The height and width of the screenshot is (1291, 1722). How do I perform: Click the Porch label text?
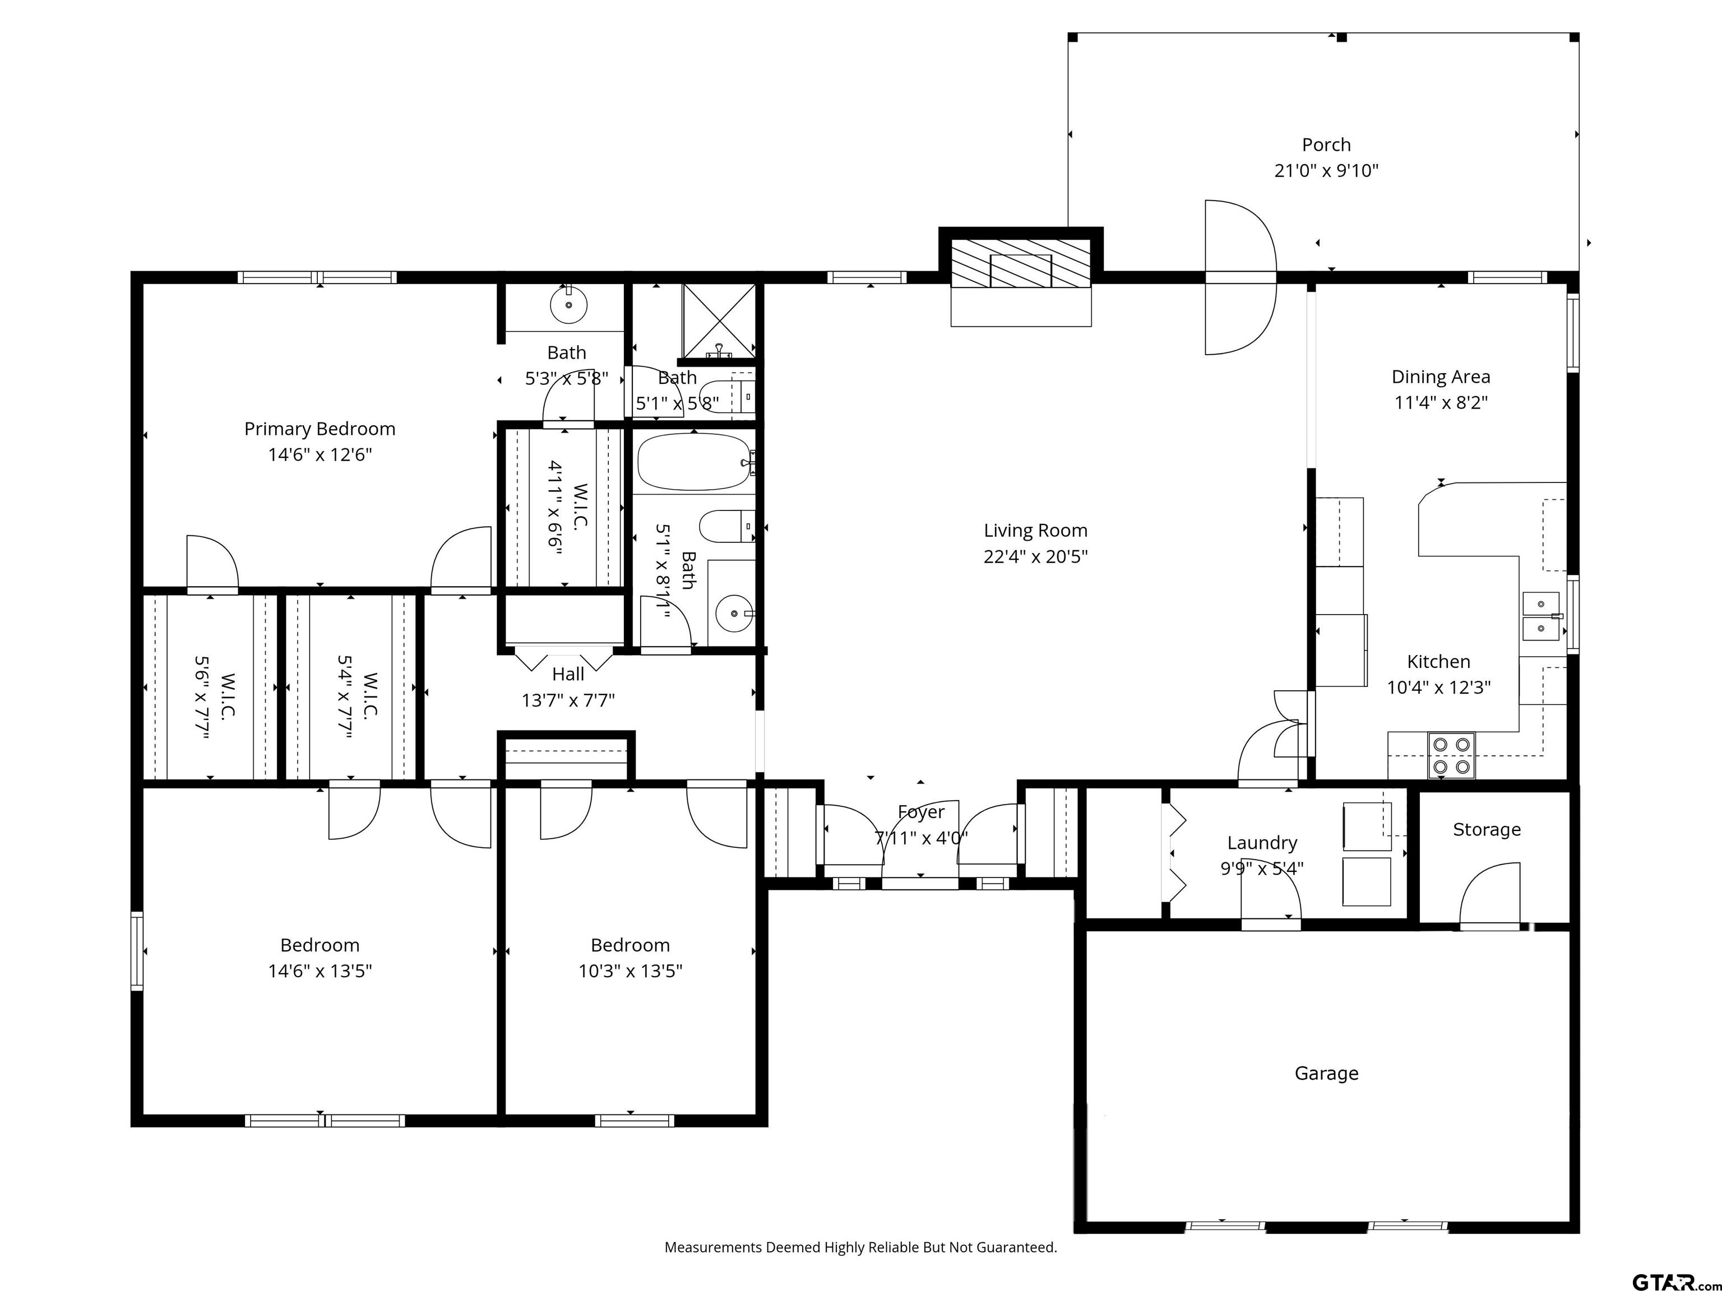pyautogui.click(x=1326, y=145)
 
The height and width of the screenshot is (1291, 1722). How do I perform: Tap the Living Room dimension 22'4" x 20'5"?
pyautogui.click(x=1035, y=556)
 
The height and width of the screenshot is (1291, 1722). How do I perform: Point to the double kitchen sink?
pyautogui.click(x=1540, y=616)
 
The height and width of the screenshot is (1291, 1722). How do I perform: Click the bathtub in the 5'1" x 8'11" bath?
pyautogui.click(x=695, y=462)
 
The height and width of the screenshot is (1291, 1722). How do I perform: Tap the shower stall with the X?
pyautogui.click(x=719, y=321)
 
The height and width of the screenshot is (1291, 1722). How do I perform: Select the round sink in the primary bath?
pyautogui.click(x=568, y=304)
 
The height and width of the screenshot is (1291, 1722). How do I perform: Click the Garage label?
pyautogui.click(x=1326, y=1073)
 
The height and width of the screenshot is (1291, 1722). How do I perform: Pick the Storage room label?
pyautogui.click(x=1486, y=829)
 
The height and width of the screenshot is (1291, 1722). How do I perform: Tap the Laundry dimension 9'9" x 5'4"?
pyautogui.click(x=1261, y=869)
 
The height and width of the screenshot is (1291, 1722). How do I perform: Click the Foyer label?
pyautogui.click(x=921, y=812)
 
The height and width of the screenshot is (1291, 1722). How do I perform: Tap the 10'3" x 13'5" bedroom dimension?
pyautogui.click(x=630, y=971)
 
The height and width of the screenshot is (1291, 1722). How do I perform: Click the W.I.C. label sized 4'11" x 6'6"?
pyautogui.click(x=579, y=507)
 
